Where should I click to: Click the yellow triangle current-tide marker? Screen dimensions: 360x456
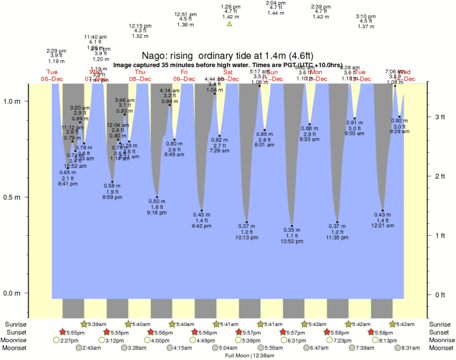click(229, 24)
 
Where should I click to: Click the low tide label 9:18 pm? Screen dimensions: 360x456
click(157, 213)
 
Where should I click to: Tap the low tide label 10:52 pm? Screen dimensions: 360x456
click(292, 242)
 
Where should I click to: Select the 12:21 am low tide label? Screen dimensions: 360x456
click(382, 225)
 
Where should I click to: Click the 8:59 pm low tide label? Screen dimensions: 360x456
click(112, 197)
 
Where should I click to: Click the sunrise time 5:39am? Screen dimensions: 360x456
click(95, 324)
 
